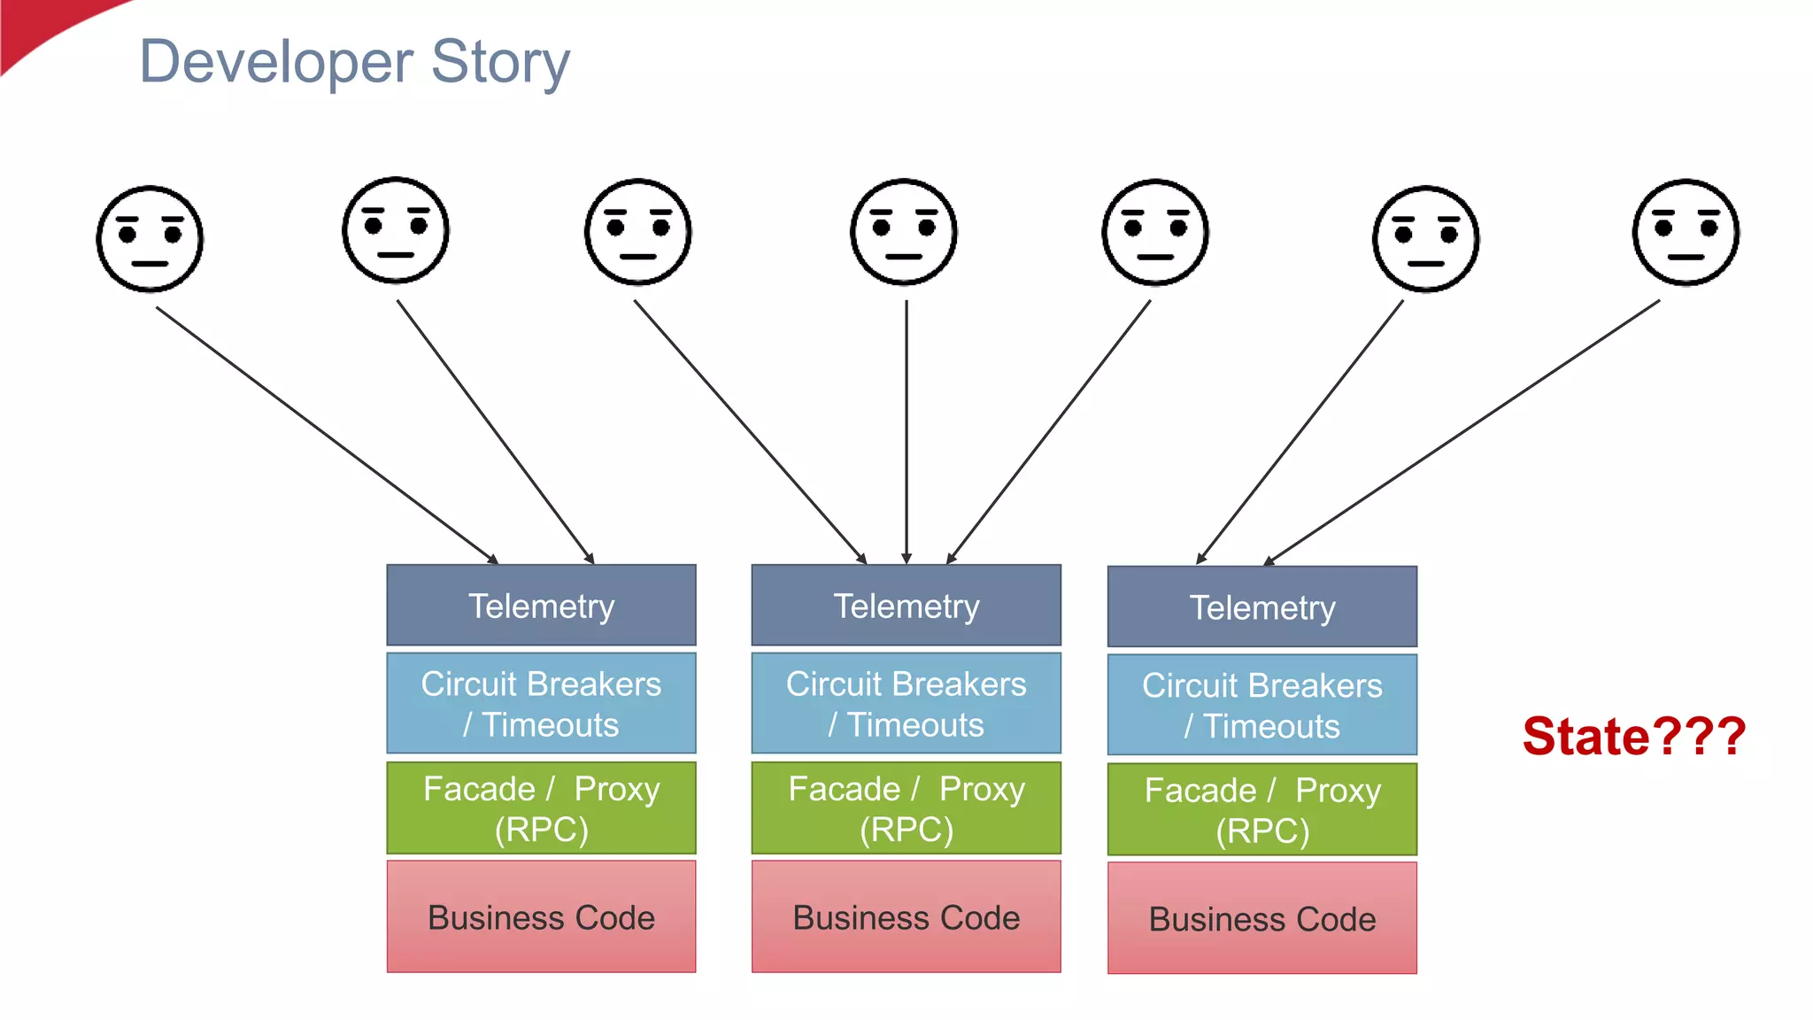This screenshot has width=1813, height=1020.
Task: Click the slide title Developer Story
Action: pyautogui.click(x=354, y=62)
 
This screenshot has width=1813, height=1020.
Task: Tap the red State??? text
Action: pyautogui.click(x=1633, y=736)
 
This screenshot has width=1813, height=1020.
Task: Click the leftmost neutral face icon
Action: pyautogui.click(x=150, y=239)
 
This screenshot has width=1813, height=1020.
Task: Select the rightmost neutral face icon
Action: pyautogui.click(x=1686, y=232)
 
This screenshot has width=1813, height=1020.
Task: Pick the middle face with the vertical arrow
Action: pyautogui.click(x=904, y=232)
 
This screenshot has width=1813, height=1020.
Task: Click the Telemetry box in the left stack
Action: pyautogui.click(x=541, y=606)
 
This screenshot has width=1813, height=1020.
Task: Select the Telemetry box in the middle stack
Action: pyautogui.click(x=906, y=606)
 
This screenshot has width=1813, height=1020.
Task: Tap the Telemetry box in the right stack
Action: pyautogui.click(x=1261, y=607)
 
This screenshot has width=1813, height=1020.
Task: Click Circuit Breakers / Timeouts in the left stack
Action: pyautogui.click(x=541, y=704)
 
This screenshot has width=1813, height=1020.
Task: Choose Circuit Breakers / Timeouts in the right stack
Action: pyautogui.click(x=1261, y=706)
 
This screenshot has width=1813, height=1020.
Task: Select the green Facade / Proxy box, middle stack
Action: pyautogui.click(x=906, y=808)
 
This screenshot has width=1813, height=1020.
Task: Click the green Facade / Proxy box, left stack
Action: pyautogui.click(x=541, y=808)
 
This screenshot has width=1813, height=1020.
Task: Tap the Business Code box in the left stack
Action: pyautogui.click(x=541, y=917)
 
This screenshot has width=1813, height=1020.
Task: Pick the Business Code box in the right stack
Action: pyautogui.click(x=1261, y=919)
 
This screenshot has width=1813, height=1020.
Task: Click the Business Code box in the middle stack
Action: pyautogui.click(x=906, y=917)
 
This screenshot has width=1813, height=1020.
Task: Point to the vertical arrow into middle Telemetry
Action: pyautogui.click(x=906, y=434)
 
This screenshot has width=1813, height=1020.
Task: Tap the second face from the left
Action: pyautogui.click(x=396, y=230)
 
